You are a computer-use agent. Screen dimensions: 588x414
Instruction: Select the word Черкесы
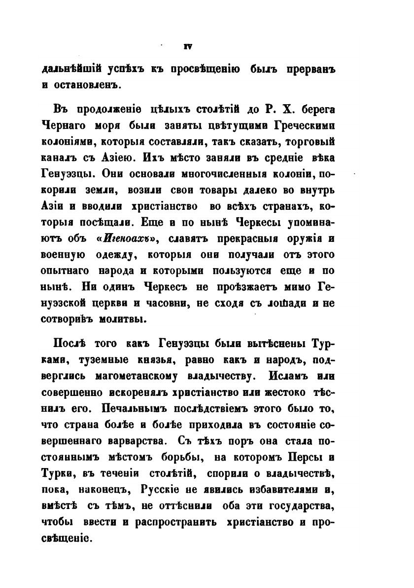tap(277, 220)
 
